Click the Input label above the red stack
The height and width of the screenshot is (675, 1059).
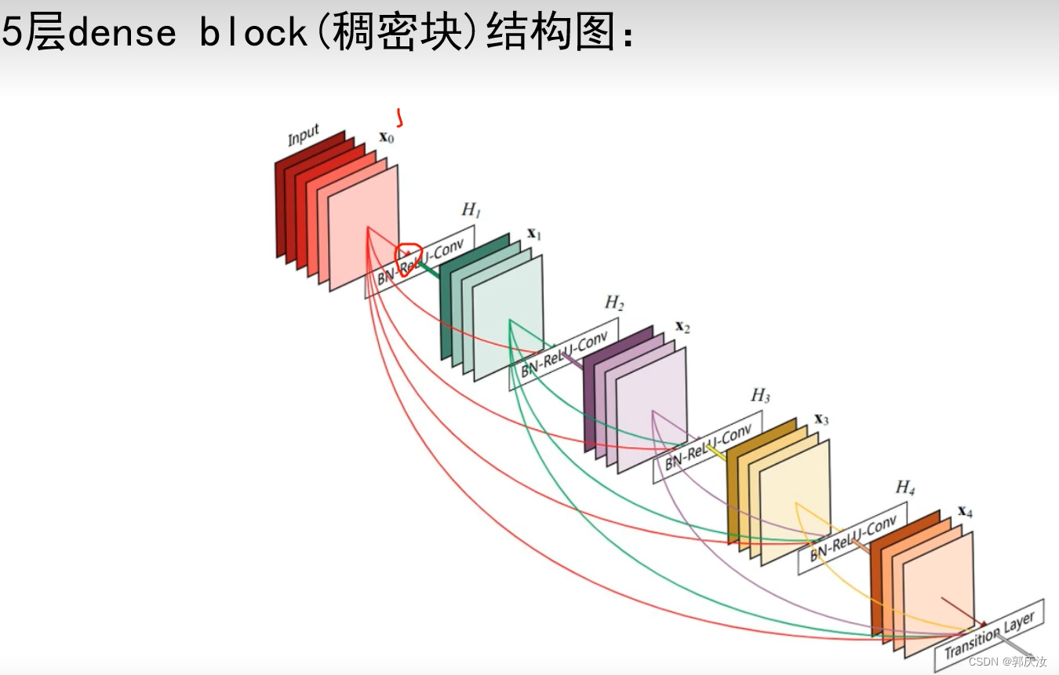click(x=304, y=136)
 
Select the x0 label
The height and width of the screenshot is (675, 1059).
click(x=386, y=137)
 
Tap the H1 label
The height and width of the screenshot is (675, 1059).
click(x=471, y=210)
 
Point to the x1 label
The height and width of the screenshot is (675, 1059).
click(x=534, y=233)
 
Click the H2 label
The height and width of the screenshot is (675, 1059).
click(x=614, y=302)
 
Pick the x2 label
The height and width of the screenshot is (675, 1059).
click(x=682, y=326)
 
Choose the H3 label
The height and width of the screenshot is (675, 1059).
click(x=760, y=395)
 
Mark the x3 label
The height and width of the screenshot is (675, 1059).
click(x=821, y=418)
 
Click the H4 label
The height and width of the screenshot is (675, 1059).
click(x=905, y=487)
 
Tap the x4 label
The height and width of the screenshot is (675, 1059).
click(x=965, y=512)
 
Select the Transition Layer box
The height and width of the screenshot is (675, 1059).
click(x=989, y=637)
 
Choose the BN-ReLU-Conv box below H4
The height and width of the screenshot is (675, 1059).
click(x=852, y=538)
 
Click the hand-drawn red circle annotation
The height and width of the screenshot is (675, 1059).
click(x=408, y=259)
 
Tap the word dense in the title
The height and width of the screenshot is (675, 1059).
click(x=122, y=33)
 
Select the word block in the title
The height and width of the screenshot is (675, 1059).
click(x=253, y=33)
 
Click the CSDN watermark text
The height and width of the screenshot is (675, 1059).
click(x=1007, y=662)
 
